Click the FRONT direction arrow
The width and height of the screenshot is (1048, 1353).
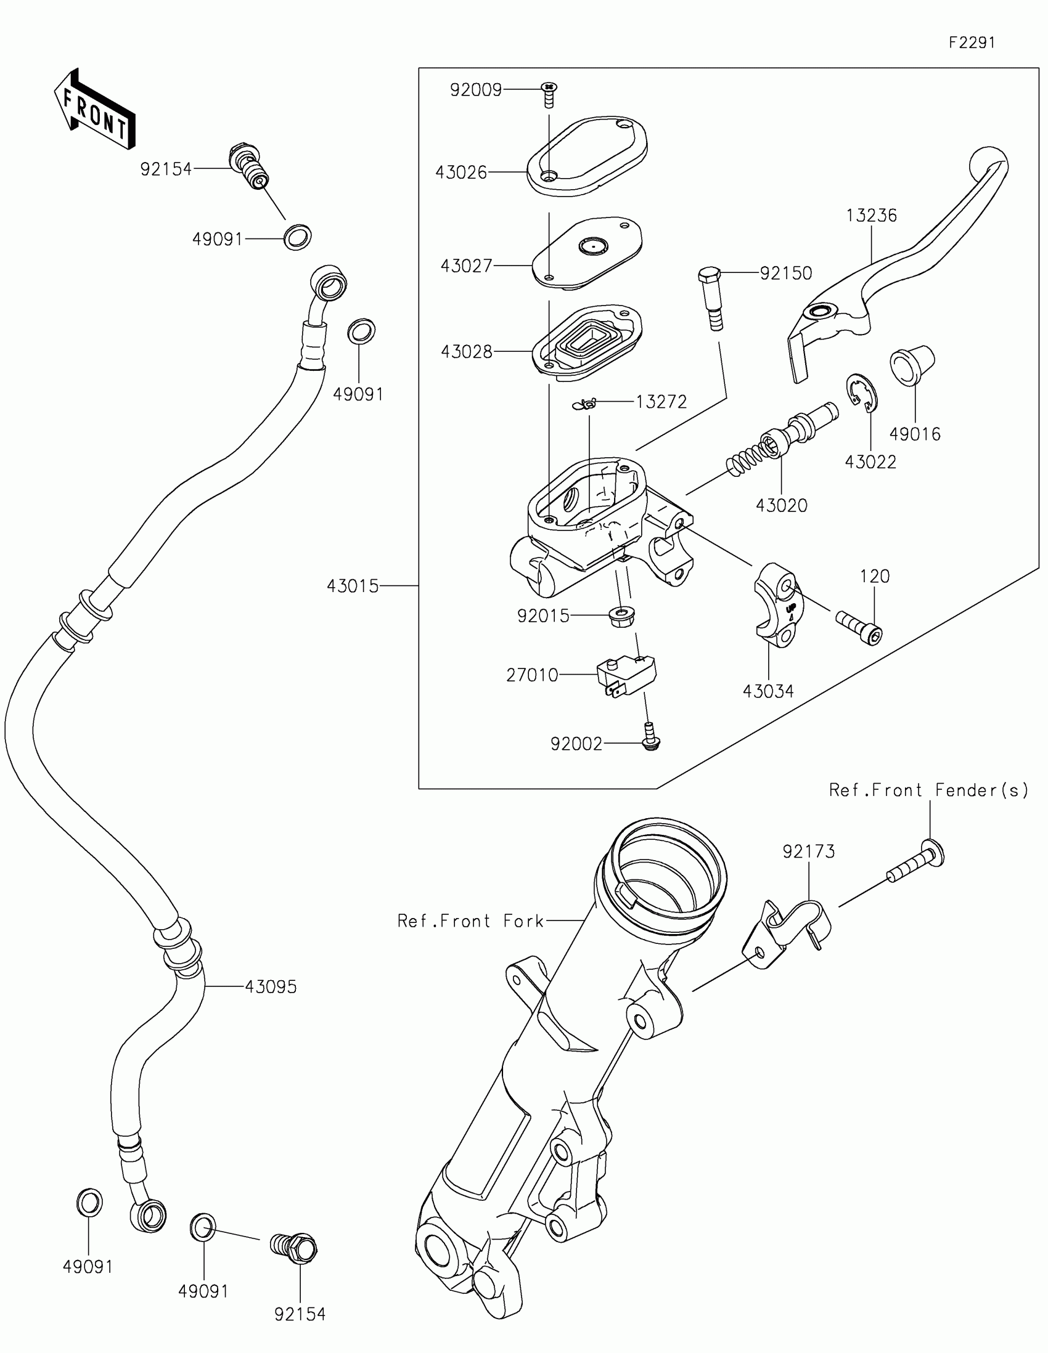[x=94, y=109]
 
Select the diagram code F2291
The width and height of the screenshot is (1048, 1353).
[x=972, y=43]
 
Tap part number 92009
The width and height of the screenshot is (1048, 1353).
[x=475, y=91]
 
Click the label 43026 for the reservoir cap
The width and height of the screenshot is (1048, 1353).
[x=461, y=173]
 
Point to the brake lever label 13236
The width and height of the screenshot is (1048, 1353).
[x=871, y=216]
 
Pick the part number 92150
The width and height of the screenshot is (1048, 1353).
[x=786, y=273]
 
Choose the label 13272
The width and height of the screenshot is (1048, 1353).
[x=661, y=402]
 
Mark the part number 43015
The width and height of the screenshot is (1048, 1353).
[x=353, y=586]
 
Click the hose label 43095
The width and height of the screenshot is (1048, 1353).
[x=271, y=987]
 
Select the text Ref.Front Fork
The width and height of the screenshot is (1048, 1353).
[x=470, y=921]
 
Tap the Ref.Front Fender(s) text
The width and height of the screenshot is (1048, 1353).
[x=928, y=790]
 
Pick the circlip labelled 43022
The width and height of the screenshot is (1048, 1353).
[x=862, y=392]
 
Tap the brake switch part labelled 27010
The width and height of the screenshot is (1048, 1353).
[x=626, y=675]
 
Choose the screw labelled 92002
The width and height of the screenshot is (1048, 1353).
[x=650, y=737]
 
